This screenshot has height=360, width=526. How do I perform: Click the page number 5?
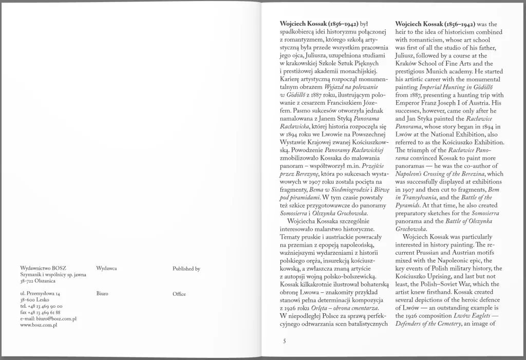(284, 340)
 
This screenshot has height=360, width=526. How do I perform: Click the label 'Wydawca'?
(106, 269)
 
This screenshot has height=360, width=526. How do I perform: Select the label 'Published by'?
(186, 269)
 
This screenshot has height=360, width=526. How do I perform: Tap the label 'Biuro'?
(102, 294)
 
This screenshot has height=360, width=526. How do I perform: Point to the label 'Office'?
(179, 294)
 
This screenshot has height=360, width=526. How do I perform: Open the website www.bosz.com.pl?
(38, 326)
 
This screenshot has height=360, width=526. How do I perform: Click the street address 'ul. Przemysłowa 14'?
(40, 294)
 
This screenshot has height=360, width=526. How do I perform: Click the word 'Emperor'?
(409, 103)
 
